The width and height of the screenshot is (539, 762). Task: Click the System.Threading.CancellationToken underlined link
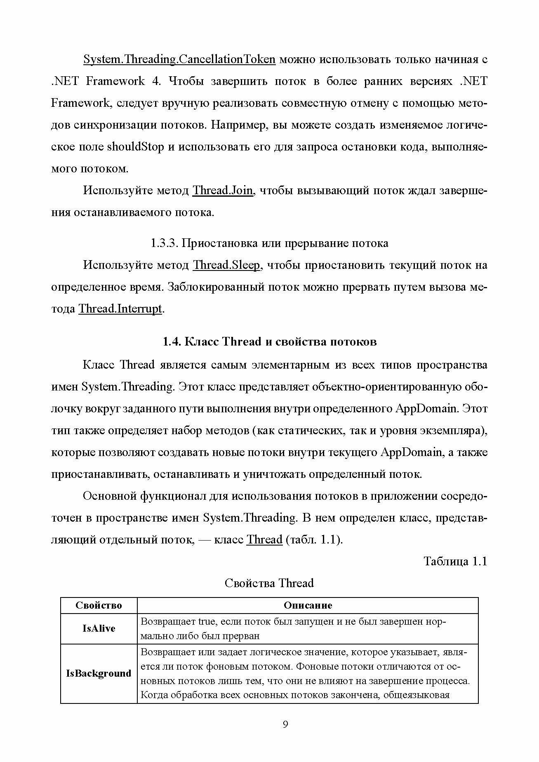tap(179, 59)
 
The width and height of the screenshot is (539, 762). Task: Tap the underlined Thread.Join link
tap(223, 191)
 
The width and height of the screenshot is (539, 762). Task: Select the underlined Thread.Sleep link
tap(227, 265)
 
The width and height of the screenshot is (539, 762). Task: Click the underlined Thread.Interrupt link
tap(120, 308)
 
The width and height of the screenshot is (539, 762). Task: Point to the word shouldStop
tap(136, 147)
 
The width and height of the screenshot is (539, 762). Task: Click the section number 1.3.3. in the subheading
tap(164, 243)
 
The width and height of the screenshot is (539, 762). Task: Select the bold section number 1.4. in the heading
tap(171, 342)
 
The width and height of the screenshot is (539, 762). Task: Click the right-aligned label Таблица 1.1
tap(456, 562)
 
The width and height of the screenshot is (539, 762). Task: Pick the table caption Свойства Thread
tap(269, 583)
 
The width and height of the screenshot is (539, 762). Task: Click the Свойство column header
tap(99, 605)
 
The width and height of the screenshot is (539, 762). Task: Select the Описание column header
tap(308, 605)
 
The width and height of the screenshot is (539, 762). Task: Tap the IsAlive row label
tap(99, 629)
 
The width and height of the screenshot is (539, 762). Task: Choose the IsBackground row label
tap(99, 673)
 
